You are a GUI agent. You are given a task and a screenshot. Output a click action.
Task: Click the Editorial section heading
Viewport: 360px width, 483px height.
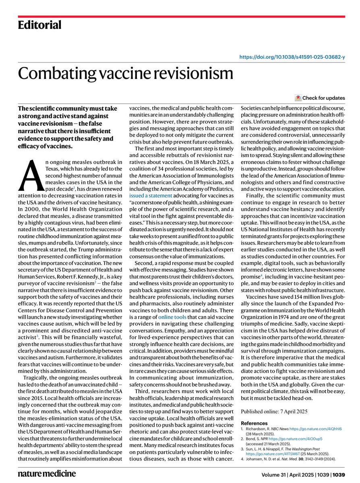(39, 25)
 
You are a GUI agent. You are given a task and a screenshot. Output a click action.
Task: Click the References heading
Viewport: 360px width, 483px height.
(254, 423)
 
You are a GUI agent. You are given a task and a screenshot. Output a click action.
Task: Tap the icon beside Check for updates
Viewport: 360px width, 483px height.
(298, 98)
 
